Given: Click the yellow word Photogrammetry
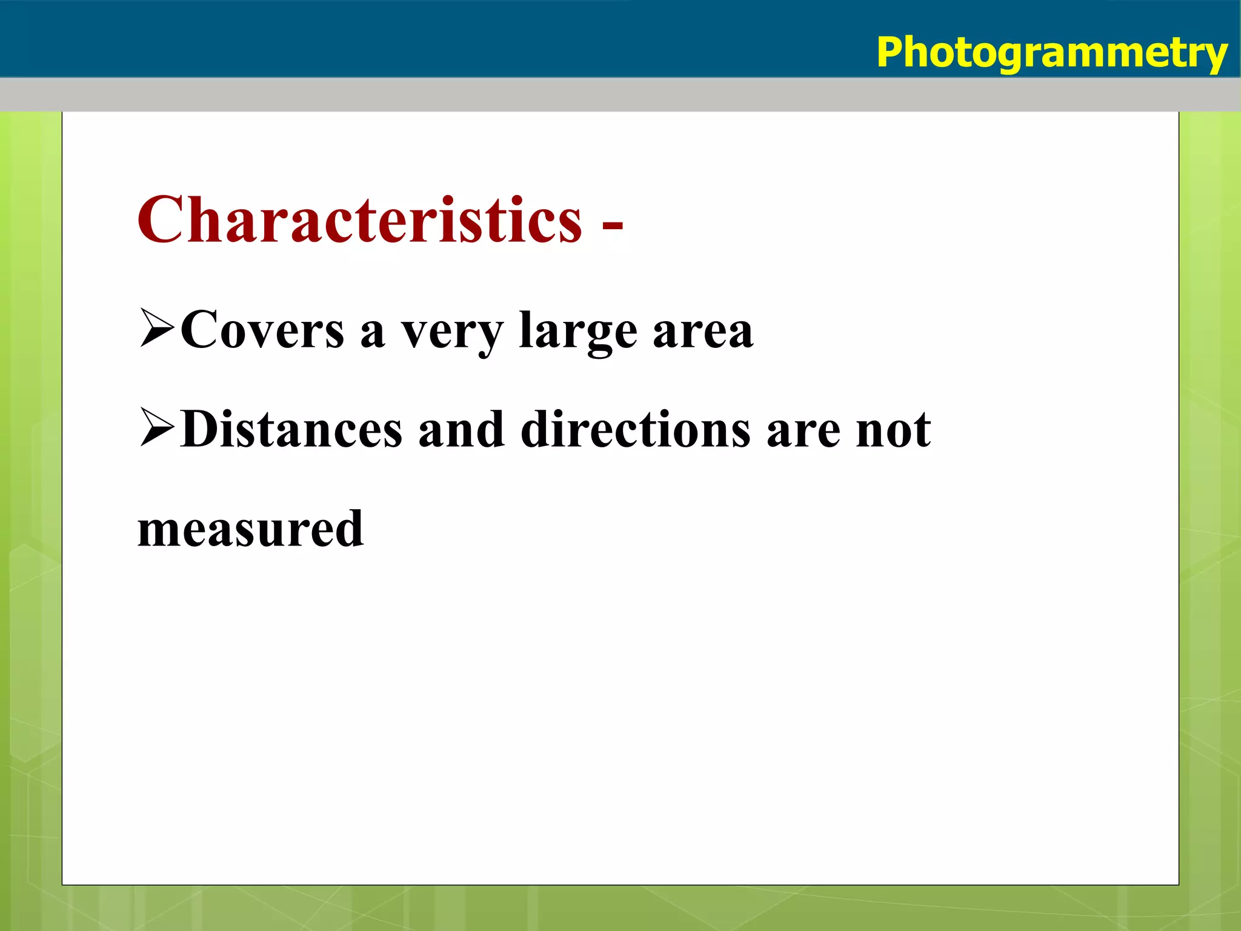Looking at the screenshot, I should pos(1051,53).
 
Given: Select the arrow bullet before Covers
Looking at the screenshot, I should pos(157,328).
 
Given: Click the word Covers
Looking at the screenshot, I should pos(262,330).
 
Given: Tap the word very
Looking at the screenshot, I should pos(452,335).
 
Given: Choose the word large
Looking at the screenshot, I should pos(578,332).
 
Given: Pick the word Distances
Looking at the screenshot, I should pos(291,430).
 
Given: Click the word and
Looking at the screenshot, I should pos(461,430).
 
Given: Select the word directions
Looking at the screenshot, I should pos(636,430).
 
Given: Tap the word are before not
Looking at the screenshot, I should pos(803,433).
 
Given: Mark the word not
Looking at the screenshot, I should pos(893,431).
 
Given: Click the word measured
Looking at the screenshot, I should pos(251,529).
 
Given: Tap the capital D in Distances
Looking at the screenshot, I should pos(201,430).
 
